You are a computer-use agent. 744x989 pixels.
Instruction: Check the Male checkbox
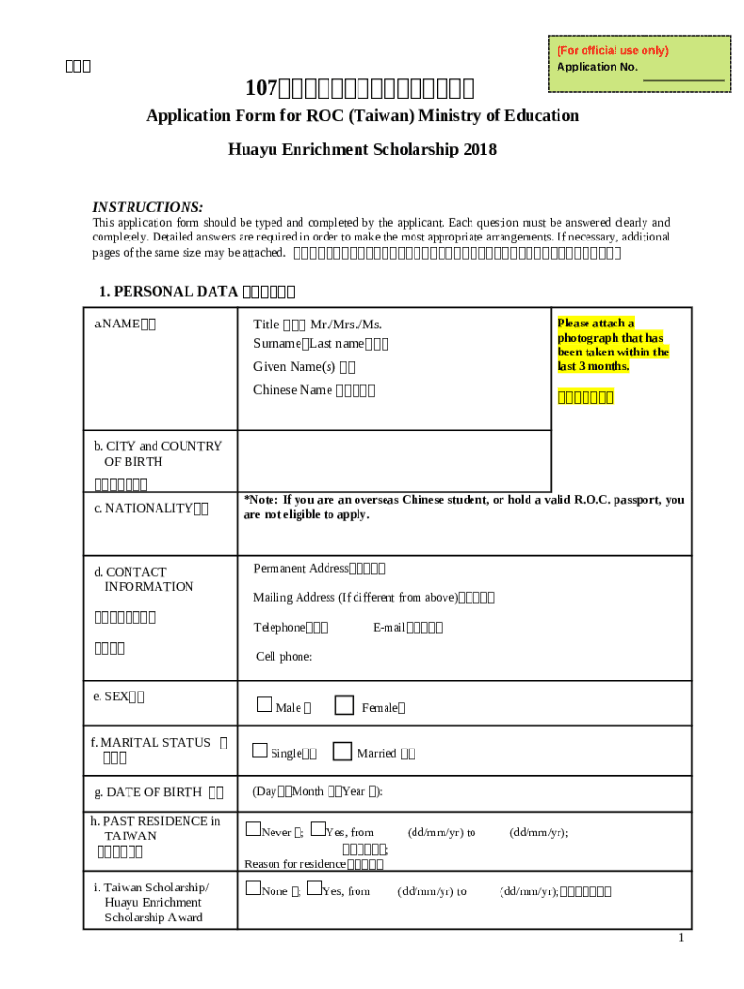[x=264, y=705]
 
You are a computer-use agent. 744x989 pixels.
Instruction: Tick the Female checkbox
[x=344, y=705]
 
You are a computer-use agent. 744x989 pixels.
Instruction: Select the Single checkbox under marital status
[x=259, y=750]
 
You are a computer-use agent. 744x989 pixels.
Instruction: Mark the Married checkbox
[x=342, y=750]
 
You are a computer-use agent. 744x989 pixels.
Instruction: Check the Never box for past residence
[x=252, y=829]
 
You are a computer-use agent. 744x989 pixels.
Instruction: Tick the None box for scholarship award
[x=252, y=888]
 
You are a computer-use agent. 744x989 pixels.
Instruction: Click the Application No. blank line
[x=683, y=77]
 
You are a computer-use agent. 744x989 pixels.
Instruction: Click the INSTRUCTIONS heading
[x=147, y=207]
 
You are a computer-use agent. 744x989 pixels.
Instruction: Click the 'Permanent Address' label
[x=300, y=568]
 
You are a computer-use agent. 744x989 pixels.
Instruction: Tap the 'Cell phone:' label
[x=283, y=656]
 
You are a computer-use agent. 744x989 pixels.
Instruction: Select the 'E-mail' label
[x=388, y=627]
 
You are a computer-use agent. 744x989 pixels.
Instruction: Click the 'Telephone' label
[x=279, y=627]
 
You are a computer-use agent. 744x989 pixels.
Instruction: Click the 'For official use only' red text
[x=613, y=50]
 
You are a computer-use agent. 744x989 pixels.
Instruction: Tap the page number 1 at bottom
[x=681, y=939]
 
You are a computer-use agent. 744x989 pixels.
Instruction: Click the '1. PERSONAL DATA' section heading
[x=169, y=291]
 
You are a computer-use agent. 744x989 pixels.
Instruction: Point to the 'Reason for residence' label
[x=295, y=863]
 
